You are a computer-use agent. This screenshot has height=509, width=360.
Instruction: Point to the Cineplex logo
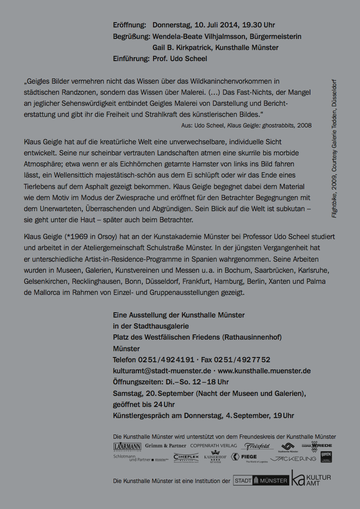coord(186,458)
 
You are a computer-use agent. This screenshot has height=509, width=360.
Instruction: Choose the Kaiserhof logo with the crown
coord(215,457)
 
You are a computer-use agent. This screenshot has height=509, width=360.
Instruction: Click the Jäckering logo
coord(293,458)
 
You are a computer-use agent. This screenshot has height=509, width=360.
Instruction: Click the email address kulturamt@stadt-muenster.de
coord(162,371)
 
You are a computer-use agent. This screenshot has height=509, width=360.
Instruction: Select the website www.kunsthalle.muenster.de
coord(264,371)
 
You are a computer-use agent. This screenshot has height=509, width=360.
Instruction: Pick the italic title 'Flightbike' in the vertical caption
coord(334,204)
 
